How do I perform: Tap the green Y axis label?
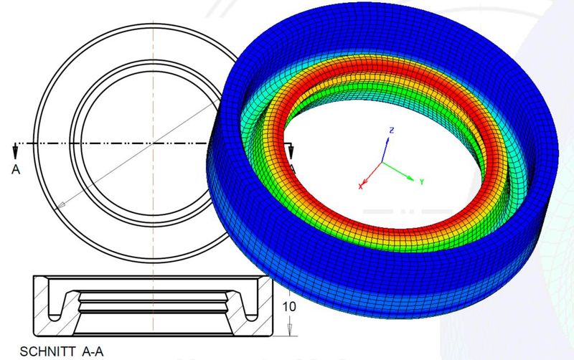[x=423, y=182]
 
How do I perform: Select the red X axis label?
[x=360, y=186]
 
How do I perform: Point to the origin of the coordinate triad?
[x=382, y=163]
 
